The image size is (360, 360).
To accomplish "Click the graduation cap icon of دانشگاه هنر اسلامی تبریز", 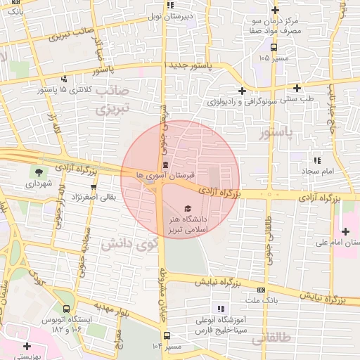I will coord(187,208).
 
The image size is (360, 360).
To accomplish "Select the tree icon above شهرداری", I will coord(37,172).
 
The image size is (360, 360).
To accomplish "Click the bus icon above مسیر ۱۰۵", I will coord(274,48).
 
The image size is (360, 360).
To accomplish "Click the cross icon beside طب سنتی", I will coord(299,89).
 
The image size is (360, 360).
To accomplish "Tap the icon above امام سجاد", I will coord(316,161).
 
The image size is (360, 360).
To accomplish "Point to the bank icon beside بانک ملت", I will coord(261,289).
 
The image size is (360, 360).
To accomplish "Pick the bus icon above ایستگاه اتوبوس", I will coord(66,308).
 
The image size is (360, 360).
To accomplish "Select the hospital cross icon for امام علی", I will coord(345,231).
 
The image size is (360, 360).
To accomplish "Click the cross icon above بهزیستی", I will coord(27,346).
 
